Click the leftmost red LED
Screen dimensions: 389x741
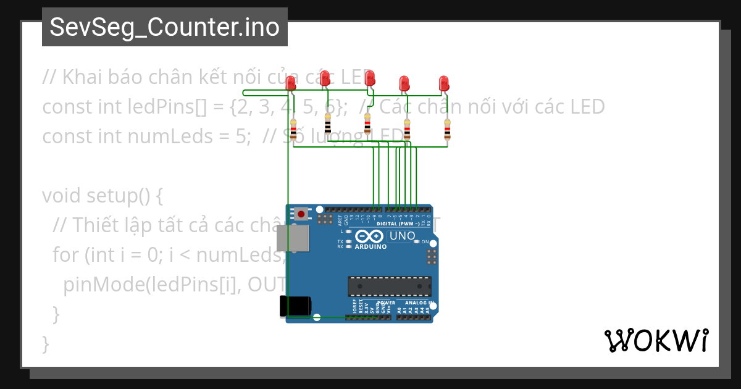tap(291, 83)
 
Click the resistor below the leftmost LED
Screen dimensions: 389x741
tap(293, 130)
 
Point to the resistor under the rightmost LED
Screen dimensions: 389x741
tap(448, 130)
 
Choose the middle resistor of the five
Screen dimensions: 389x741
tap(367, 123)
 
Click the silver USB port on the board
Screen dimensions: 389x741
tap(292, 238)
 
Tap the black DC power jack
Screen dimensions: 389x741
tap(295, 307)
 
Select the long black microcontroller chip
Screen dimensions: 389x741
tap(389, 287)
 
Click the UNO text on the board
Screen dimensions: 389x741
tap(402, 236)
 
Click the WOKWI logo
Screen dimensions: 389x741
tap(656, 340)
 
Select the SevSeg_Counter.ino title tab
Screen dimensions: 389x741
tap(164, 27)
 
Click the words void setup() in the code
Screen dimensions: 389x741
tap(102, 196)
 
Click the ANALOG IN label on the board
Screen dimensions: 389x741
tap(419, 303)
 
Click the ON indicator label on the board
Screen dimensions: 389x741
tap(425, 241)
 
